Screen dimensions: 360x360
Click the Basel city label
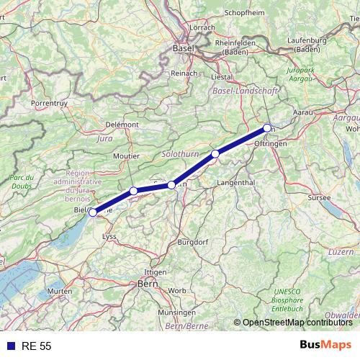coord(184,48)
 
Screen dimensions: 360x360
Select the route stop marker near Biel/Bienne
coord(92,212)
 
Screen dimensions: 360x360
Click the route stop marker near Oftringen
coord(267,128)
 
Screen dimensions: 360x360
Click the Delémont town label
coord(122,125)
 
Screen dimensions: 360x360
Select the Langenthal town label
coord(235,183)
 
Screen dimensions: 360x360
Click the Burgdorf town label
coord(192,242)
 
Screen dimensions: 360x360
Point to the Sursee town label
coord(318,197)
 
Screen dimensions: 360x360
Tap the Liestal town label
coord(221,76)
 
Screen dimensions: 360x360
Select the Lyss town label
coord(109,235)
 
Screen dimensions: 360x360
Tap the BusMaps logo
coord(325,346)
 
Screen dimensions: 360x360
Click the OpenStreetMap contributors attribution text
coord(297,323)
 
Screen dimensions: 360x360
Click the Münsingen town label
coord(176,312)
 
